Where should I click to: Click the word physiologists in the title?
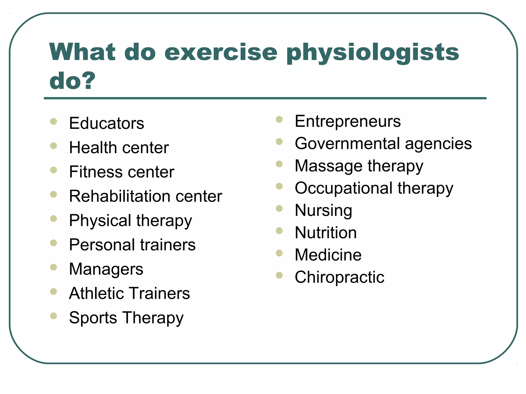(x=372, y=53)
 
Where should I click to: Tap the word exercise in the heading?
(x=221, y=53)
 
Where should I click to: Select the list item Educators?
(x=107, y=123)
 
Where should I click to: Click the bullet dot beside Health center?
(x=53, y=146)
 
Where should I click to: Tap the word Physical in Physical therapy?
(x=100, y=221)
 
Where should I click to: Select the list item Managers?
(x=106, y=269)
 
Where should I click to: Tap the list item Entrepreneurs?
(x=347, y=121)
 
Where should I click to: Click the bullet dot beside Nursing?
(x=279, y=209)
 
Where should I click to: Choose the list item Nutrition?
(x=326, y=233)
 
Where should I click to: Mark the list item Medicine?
(x=328, y=255)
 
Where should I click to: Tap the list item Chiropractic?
(x=339, y=277)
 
